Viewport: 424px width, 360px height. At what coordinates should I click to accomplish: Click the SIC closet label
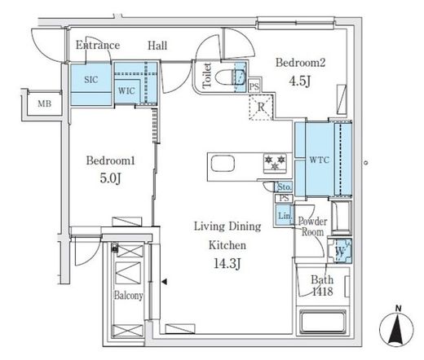[x=91, y=80]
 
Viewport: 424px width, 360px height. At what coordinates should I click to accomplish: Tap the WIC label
[x=126, y=90]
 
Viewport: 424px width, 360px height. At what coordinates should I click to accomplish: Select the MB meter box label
[x=45, y=103]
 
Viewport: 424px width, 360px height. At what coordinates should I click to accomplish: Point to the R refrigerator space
[x=261, y=107]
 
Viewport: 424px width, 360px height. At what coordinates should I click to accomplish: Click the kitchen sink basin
[x=223, y=164]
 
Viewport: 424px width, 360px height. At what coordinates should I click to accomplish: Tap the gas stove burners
[x=275, y=163]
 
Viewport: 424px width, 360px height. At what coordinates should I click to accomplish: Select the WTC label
[x=320, y=160]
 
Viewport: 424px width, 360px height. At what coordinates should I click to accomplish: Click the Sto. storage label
[x=285, y=187]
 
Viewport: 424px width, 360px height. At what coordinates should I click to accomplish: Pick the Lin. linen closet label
[x=285, y=216]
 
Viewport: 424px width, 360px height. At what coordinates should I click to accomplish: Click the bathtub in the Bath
[x=323, y=323]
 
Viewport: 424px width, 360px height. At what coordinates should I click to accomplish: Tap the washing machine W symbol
[x=340, y=251]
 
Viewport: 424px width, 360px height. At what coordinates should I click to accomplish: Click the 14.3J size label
[x=227, y=263]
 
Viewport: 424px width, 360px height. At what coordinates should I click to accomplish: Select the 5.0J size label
[x=110, y=178]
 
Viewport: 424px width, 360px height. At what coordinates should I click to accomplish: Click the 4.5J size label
[x=300, y=81]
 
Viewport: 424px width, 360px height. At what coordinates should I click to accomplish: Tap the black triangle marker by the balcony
[x=164, y=282]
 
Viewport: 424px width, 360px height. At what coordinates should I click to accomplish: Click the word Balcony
[x=129, y=296]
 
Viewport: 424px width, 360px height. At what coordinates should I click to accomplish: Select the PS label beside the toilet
[x=254, y=87]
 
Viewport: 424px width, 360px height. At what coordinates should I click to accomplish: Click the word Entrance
[x=98, y=45]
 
